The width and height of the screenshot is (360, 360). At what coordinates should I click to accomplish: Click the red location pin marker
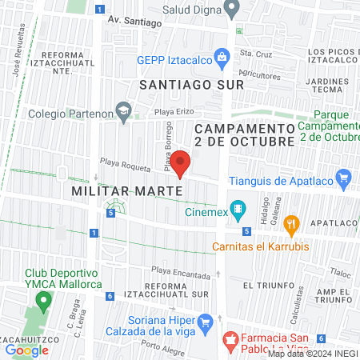(181, 163)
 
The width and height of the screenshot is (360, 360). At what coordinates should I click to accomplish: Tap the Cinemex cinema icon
(238, 211)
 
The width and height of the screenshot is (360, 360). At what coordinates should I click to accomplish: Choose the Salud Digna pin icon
(232, 10)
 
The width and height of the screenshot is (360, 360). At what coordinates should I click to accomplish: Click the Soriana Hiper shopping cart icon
(206, 322)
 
